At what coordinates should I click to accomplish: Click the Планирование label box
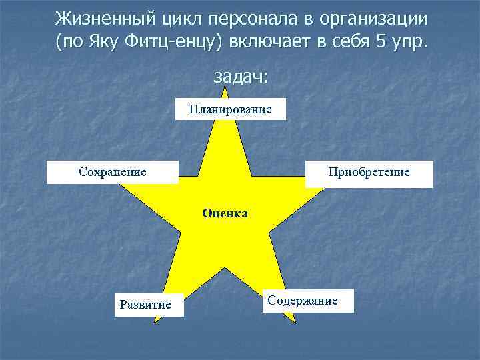231,109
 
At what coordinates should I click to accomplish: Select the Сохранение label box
112,172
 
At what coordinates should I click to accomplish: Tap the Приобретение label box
369,173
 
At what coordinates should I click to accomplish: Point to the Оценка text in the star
225,213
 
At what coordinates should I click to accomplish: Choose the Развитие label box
145,305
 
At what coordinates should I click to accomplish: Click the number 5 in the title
381,43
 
